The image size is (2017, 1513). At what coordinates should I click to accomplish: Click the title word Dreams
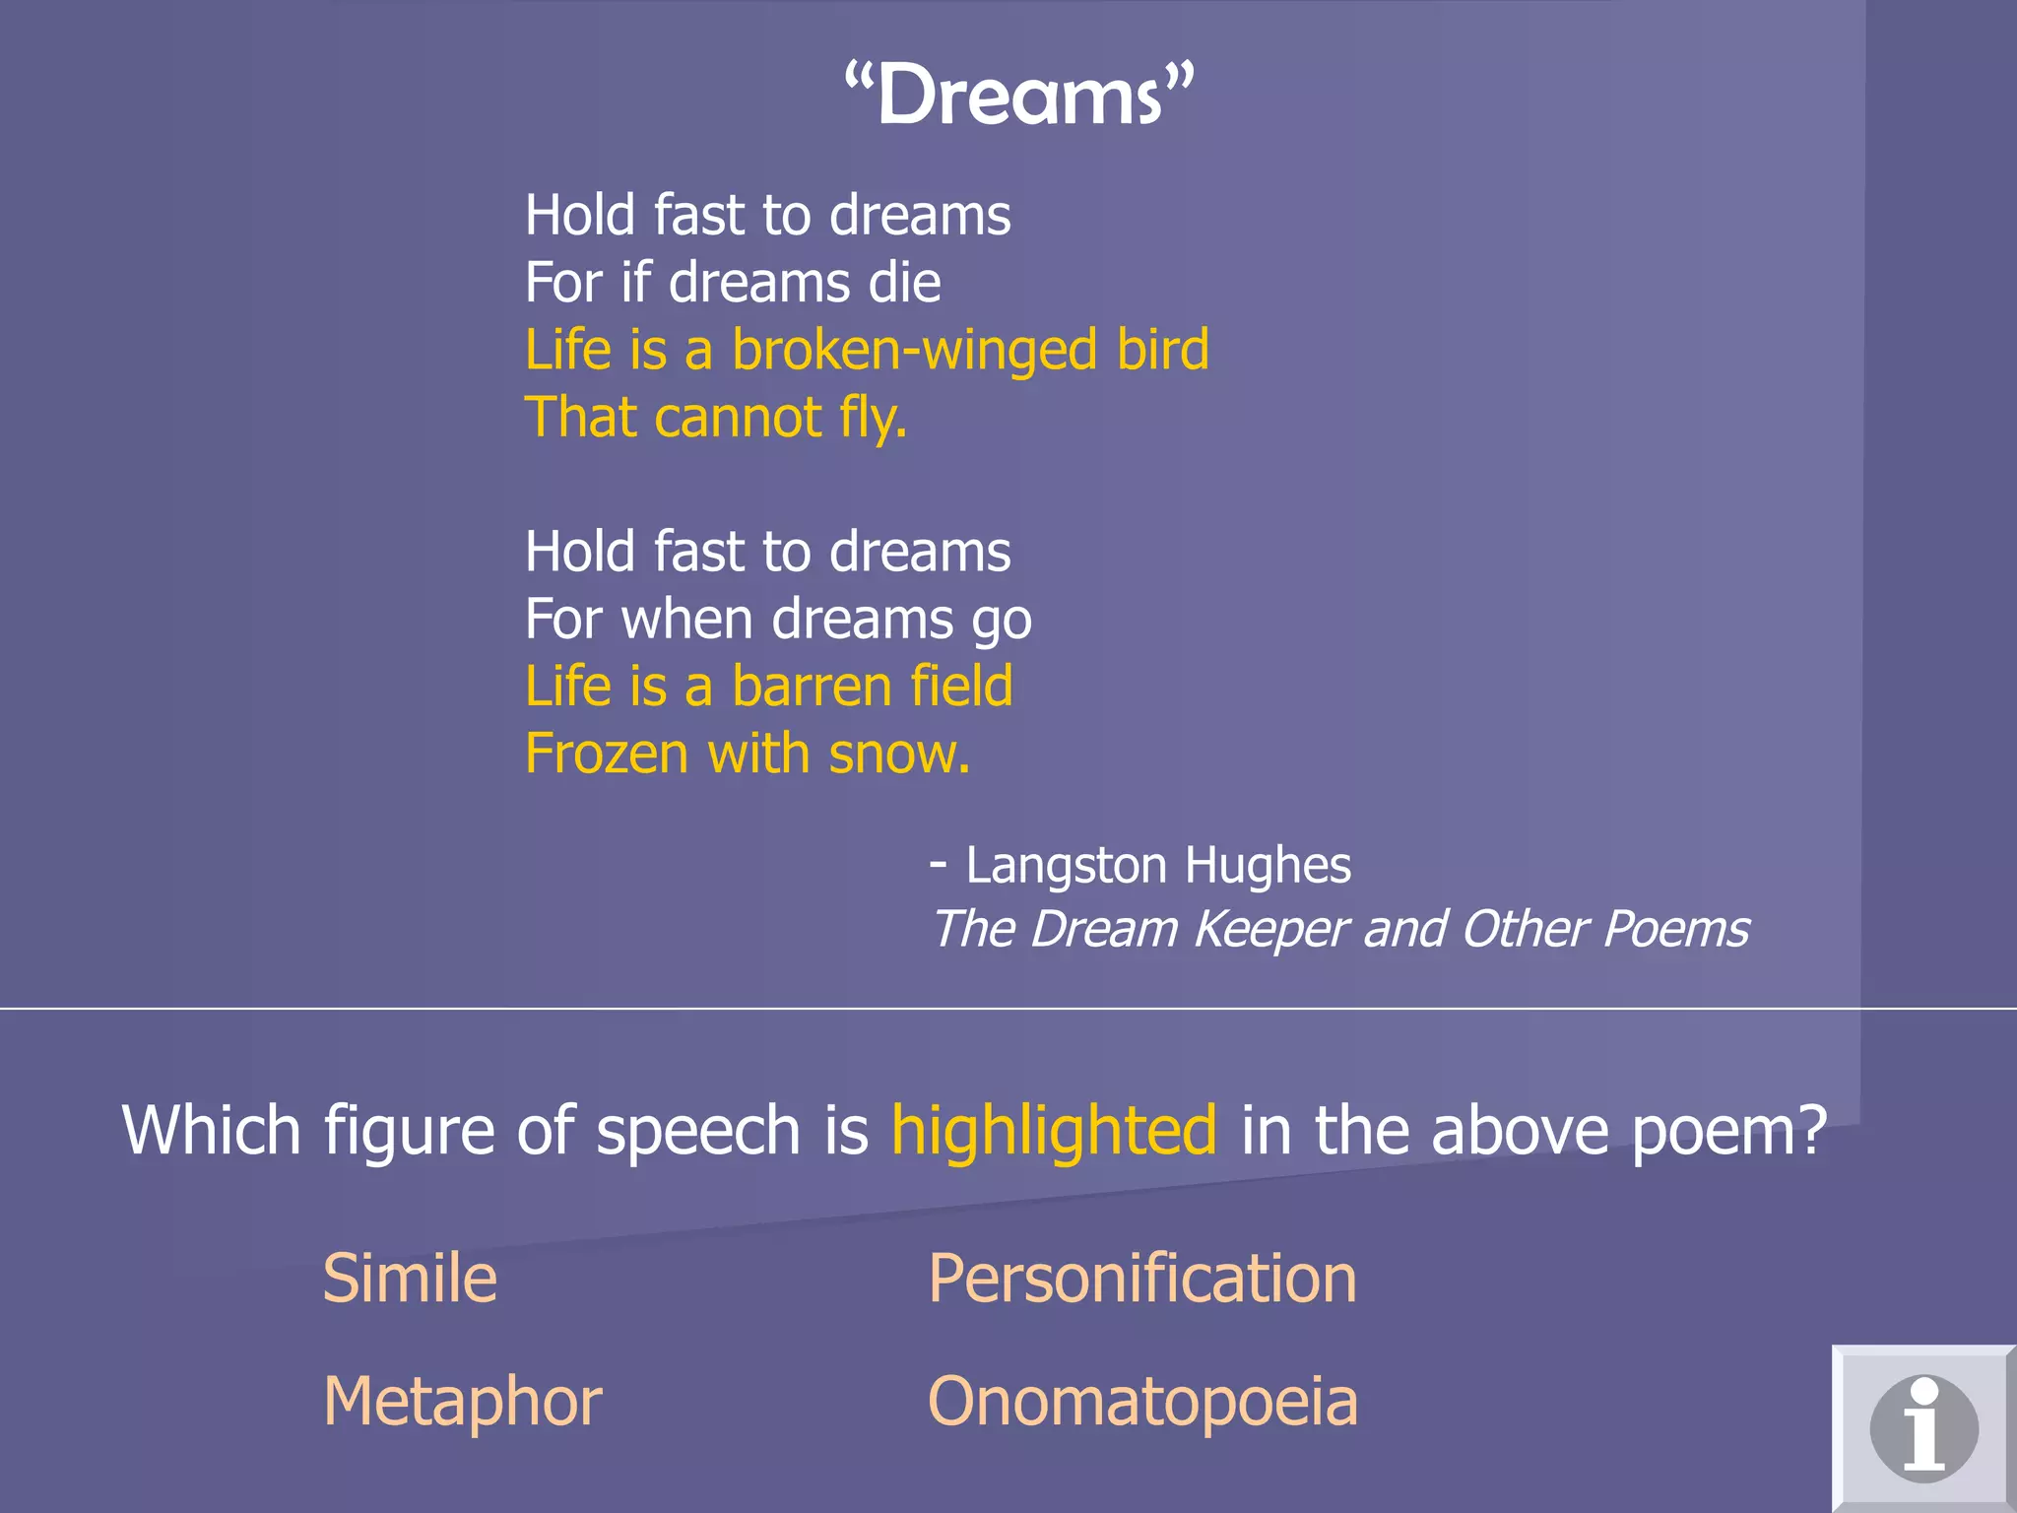click(x=1019, y=96)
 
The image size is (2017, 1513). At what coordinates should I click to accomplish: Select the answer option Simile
click(x=410, y=1279)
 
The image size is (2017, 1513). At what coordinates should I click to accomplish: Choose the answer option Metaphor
click(x=462, y=1401)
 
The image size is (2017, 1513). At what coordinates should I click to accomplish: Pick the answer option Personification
click(x=1142, y=1279)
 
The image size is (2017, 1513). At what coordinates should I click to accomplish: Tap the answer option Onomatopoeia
click(x=1142, y=1401)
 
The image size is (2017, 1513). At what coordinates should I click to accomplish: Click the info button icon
click(x=1923, y=1428)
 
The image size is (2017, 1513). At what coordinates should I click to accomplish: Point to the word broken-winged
click(x=915, y=350)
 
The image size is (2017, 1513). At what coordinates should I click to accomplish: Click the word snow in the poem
click(x=895, y=755)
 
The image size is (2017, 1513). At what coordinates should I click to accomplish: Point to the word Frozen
click(x=607, y=755)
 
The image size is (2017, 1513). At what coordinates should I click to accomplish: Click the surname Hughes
click(x=1268, y=866)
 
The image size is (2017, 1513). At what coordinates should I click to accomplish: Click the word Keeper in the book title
click(x=1269, y=930)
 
